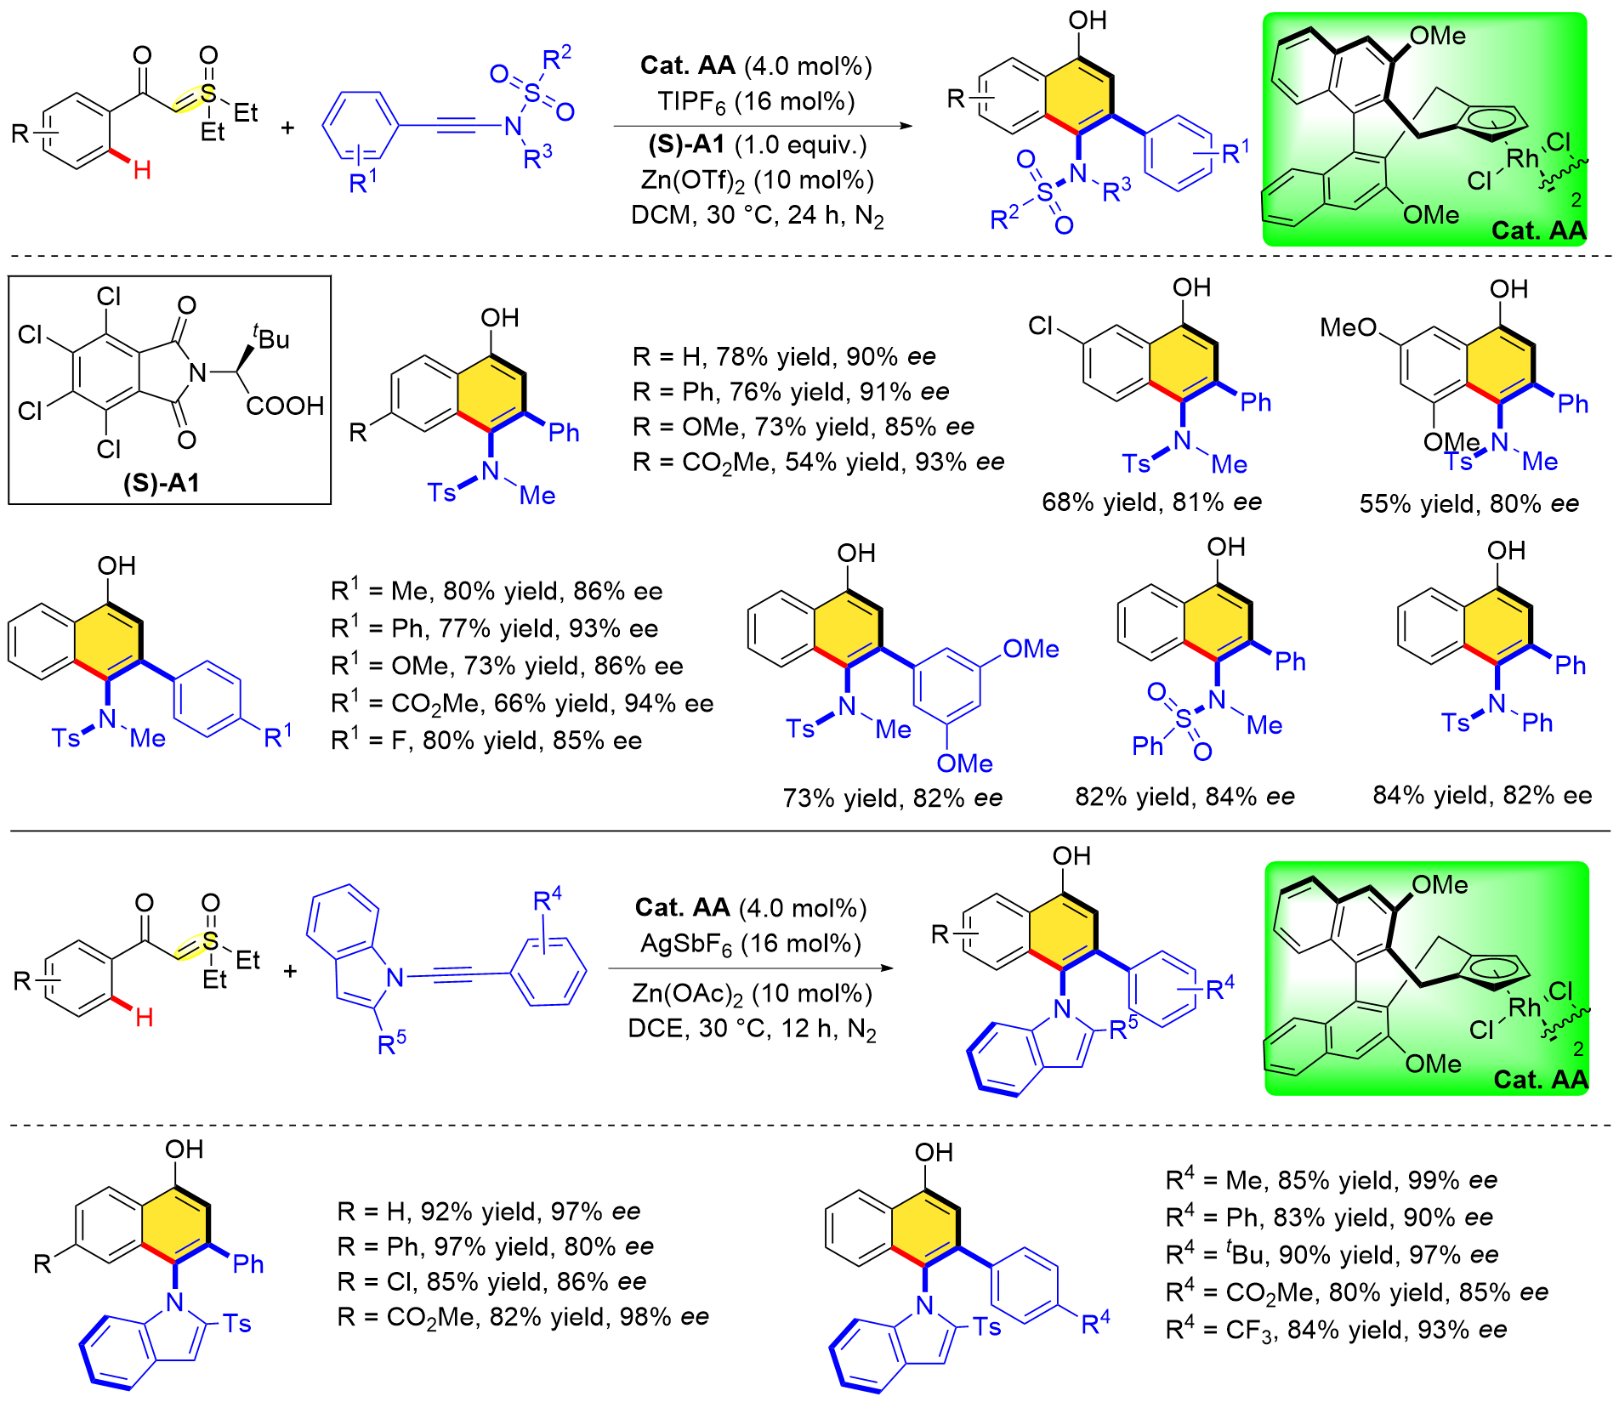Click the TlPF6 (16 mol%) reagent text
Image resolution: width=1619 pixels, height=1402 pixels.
pyautogui.click(x=756, y=102)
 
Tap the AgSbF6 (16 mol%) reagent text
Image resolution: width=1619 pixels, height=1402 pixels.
pyautogui.click(x=751, y=944)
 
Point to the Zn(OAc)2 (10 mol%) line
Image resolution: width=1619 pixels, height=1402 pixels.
pyautogui.click(x=752, y=993)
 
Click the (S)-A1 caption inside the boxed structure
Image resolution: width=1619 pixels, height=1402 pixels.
pyautogui.click(x=162, y=483)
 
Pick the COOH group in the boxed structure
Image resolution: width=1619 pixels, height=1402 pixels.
pyautogui.click(x=285, y=406)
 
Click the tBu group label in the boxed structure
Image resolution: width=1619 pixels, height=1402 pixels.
pyautogui.click(x=270, y=338)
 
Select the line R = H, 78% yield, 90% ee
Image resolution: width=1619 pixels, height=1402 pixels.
pyautogui.click(x=783, y=356)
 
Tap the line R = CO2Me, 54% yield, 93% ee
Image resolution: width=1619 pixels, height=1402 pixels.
pyautogui.click(x=818, y=463)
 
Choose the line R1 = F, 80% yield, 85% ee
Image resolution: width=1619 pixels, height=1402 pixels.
pyautogui.click(x=486, y=741)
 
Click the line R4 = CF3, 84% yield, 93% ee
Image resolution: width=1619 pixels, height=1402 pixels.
pyautogui.click(x=1336, y=1330)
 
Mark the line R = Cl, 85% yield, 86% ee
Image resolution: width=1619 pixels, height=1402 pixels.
pyautogui.click(x=491, y=1281)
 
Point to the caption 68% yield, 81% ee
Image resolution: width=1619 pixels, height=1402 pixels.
pyautogui.click(x=1151, y=502)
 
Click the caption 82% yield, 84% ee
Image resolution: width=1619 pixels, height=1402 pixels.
pyautogui.click(x=1184, y=797)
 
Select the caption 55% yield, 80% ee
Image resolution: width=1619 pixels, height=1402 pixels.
pyautogui.click(x=1468, y=503)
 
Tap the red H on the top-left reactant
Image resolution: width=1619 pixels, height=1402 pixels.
pyautogui.click(x=143, y=170)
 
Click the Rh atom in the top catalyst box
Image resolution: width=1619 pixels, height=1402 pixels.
pyautogui.click(x=1522, y=158)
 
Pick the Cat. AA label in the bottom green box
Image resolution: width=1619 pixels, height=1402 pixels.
pyautogui.click(x=1540, y=1080)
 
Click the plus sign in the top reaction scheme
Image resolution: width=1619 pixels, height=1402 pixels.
pyautogui.click(x=287, y=128)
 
